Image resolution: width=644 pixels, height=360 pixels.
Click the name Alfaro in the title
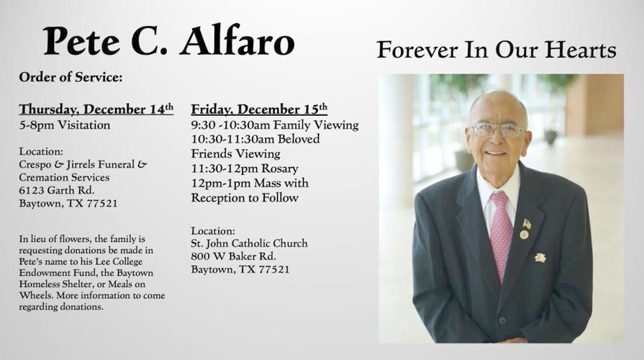(x=237, y=41)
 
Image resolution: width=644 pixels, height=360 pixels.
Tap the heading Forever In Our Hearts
(x=496, y=50)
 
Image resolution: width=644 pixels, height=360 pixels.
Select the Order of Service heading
(x=71, y=77)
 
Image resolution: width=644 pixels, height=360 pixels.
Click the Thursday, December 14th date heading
(x=96, y=109)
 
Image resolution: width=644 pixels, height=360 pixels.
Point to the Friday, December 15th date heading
(x=259, y=109)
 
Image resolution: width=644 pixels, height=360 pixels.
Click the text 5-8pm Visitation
(x=65, y=125)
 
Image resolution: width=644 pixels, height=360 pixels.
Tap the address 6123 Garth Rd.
(x=57, y=190)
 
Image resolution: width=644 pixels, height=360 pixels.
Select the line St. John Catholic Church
(x=249, y=243)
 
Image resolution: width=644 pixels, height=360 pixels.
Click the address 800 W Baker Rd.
(x=233, y=256)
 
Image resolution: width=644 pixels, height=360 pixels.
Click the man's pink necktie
(x=501, y=234)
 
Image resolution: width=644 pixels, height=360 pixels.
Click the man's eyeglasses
(x=496, y=130)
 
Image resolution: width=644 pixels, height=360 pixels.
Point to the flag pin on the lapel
(x=526, y=224)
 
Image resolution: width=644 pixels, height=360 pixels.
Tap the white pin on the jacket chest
(x=540, y=257)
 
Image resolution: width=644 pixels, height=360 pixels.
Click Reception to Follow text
(x=245, y=198)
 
